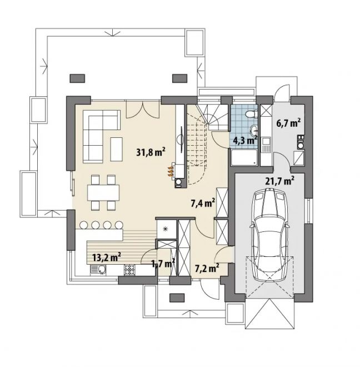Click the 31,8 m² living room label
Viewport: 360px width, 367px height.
(151, 152)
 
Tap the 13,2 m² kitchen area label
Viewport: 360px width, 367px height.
(107, 257)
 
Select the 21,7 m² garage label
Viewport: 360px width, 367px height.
(280, 181)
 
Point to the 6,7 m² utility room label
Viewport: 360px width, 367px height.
(288, 123)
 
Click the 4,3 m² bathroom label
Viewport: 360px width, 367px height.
(246, 140)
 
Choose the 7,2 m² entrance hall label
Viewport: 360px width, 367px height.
(207, 268)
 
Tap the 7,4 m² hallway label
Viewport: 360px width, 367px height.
(203, 203)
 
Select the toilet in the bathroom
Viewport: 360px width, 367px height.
(251, 114)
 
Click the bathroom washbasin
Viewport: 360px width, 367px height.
(253, 130)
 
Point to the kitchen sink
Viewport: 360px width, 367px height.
(98, 269)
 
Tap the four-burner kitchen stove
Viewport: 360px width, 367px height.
(130, 269)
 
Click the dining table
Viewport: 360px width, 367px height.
(103, 192)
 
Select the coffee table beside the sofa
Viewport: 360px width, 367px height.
(117, 149)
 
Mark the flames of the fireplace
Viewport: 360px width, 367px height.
(171, 171)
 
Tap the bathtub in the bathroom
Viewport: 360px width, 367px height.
(244, 157)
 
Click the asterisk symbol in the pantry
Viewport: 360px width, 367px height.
(166, 229)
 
